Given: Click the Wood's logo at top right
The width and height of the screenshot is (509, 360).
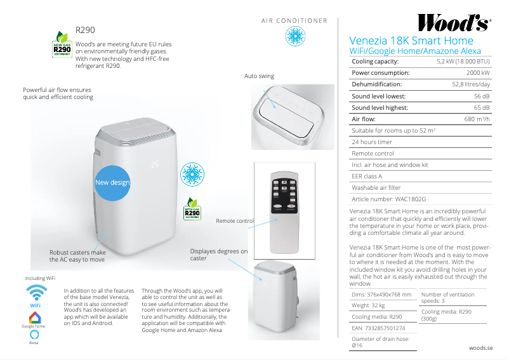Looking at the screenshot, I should coord(453,23).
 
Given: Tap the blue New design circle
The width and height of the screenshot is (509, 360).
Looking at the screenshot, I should coord(112,182).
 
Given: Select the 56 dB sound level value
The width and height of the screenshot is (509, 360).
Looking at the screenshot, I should coord(482,96).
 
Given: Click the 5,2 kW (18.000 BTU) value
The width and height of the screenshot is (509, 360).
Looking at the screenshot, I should coord(463,62).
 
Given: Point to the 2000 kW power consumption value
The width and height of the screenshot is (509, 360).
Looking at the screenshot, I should coord(478,73).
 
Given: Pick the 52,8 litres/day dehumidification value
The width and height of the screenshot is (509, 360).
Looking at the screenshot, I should coord(470,84).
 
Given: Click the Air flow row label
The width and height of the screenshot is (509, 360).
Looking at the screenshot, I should coord(364,119).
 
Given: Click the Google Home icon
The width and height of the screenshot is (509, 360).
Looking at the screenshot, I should coord(36,317).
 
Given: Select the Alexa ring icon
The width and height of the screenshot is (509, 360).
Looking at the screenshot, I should coord(34,334).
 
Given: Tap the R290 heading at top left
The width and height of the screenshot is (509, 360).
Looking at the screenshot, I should coord(85,30).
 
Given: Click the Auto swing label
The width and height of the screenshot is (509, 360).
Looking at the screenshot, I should coord(259,76).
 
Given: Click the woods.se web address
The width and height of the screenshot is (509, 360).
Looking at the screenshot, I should coord(480,348).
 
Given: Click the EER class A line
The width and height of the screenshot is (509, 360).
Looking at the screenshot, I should coord(367,176).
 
